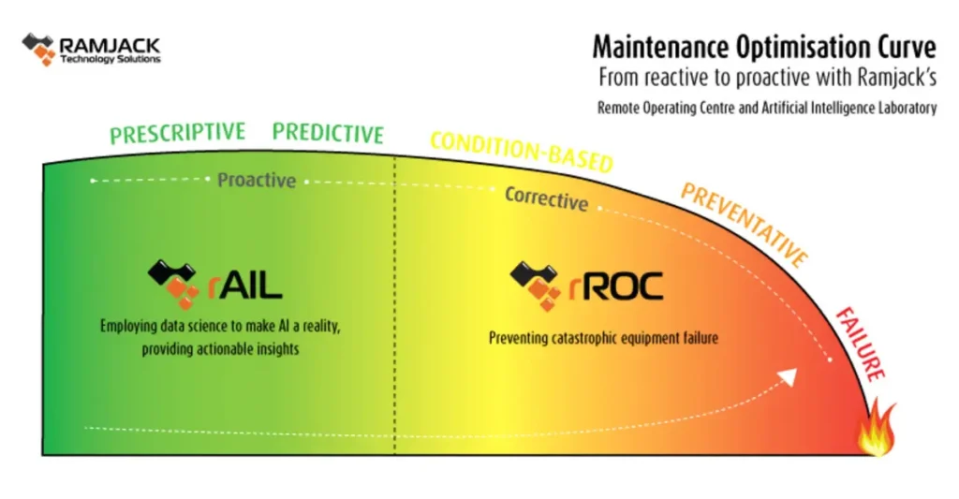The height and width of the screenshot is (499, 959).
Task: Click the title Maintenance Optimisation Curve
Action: point(764,45)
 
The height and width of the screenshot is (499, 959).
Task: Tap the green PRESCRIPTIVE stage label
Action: point(177,133)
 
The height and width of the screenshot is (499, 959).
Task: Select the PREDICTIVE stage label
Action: point(328,134)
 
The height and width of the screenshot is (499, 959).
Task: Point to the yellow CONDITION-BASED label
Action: point(521,152)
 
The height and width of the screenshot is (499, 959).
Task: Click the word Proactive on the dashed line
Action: point(257,180)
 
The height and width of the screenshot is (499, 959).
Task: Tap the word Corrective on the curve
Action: point(546,198)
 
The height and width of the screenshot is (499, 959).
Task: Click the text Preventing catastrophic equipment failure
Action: point(603,338)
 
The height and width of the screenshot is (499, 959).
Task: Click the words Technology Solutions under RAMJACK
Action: point(110,58)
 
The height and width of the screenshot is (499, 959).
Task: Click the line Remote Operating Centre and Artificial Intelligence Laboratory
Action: point(766,108)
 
